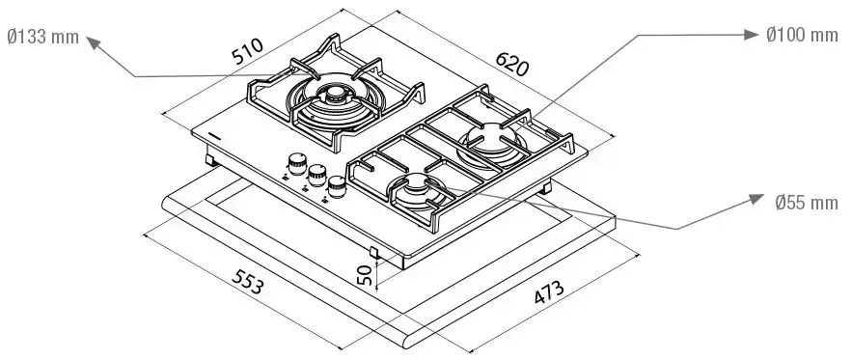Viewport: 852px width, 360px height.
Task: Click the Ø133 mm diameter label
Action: [x=42, y=37]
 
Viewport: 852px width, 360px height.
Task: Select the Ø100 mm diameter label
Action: [x=802, y=35]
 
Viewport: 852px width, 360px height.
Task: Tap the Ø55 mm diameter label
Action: [x=807, y=203]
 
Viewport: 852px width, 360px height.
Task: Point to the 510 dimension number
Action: [x=247, y=51]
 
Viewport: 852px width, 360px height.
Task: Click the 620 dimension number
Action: [x=511, y=64]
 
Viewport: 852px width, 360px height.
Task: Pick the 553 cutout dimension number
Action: [x=248, y=281]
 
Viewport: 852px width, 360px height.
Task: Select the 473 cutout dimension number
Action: [x=549, y=292]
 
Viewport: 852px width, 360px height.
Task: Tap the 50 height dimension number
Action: [x=365, y=275]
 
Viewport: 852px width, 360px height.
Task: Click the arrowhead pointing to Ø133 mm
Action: [x=94, y=42]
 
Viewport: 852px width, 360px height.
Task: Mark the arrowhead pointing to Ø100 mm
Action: [x=751, y=35]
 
